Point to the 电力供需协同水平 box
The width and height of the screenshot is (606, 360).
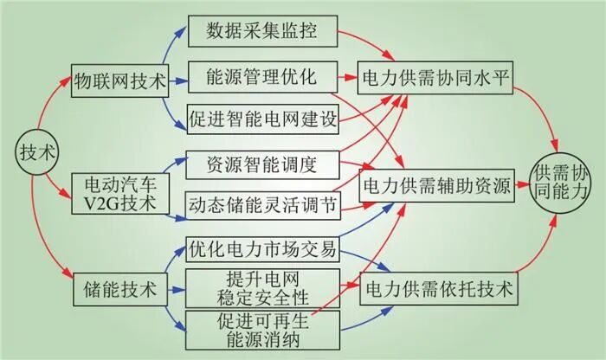[x=437, y=78]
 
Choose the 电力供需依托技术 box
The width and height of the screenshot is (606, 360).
[x=437, y=289]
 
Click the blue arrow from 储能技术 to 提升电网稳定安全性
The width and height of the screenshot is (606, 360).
[x=177, y=290]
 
